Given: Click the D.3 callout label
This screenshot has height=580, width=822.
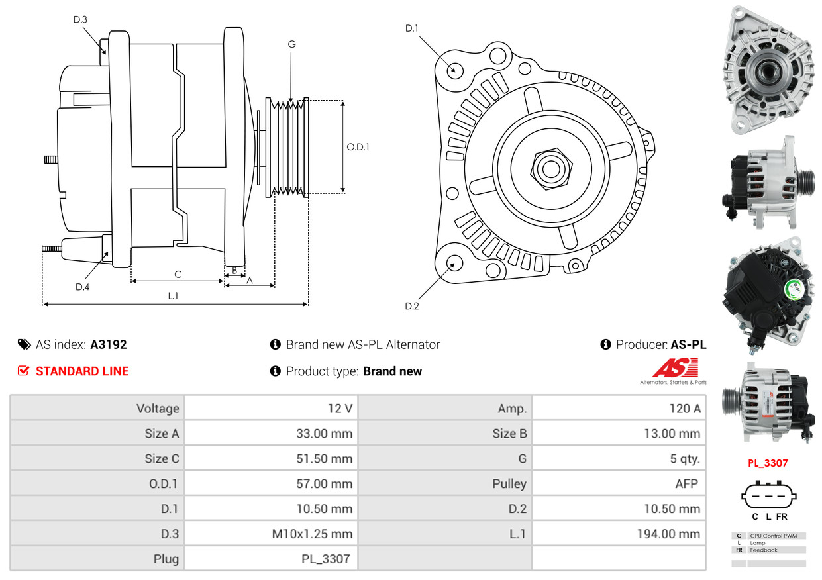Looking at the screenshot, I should coord(80,19).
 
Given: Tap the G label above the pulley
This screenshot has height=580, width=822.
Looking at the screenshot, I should coord(291,44).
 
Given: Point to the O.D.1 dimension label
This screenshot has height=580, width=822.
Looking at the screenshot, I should coord(358,147).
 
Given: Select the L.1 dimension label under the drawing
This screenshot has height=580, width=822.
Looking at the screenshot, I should coord(173,296).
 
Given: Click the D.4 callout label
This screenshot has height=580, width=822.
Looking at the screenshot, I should coord(82,287).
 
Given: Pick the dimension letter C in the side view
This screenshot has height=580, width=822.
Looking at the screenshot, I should coord(178,274).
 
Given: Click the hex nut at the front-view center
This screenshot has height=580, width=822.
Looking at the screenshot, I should coord(550,168).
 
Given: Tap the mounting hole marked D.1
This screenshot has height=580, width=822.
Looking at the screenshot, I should coord(454,70).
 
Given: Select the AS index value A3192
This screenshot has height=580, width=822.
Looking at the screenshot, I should coord(109,344).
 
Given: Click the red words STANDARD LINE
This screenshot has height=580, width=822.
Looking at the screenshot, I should coord(82,371).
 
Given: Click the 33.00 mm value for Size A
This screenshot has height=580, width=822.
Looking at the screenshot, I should coord(324,434).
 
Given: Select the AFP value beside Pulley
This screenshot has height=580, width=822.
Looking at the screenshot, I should coord(686,484).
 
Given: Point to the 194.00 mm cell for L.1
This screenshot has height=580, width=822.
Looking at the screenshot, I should coord(670,534).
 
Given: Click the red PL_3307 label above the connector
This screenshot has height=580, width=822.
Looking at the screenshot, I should coord(768,463).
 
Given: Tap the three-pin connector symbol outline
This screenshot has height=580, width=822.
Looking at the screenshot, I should coord(768,495).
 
